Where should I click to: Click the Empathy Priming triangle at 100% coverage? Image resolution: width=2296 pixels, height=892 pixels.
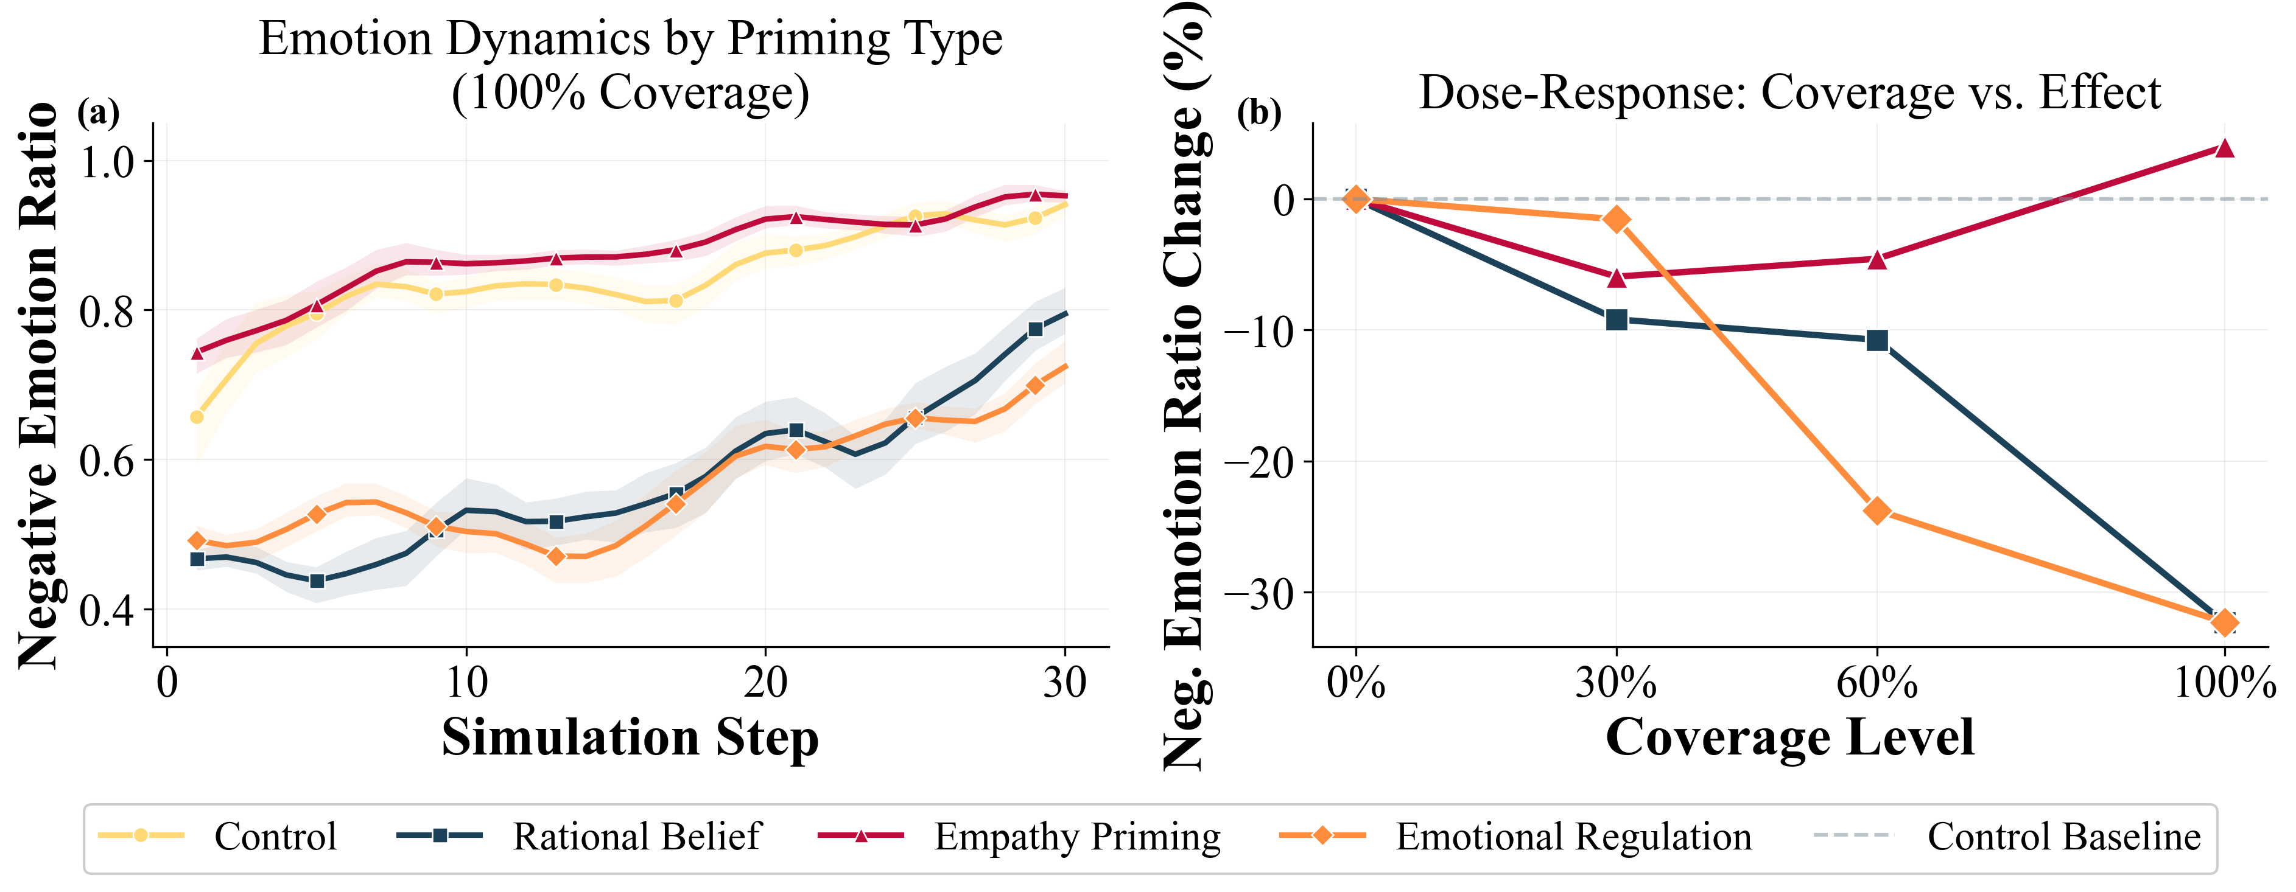(2225, 148)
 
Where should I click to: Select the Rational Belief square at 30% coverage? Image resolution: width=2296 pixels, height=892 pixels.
(1616, 320)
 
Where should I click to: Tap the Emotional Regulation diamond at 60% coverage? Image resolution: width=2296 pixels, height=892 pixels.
(1877, 510)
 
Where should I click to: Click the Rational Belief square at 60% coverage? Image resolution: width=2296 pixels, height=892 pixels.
(1877, 340)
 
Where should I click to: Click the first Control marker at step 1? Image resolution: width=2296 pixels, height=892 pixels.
(197, 417)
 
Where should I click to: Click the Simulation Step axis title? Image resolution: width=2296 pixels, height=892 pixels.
(630, 738)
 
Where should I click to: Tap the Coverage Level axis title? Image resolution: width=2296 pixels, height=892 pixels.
(1790, 738)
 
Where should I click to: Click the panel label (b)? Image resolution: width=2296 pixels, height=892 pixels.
(1259, 113)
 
